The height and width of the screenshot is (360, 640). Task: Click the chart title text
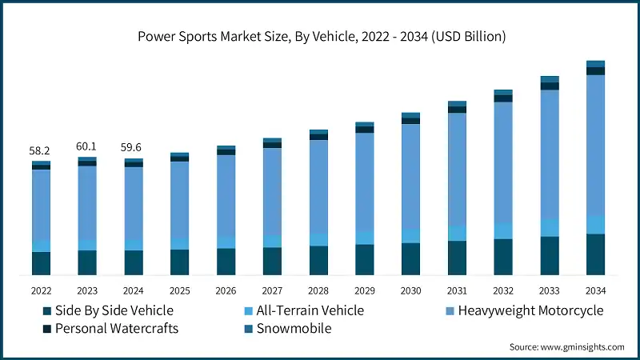[319, 36]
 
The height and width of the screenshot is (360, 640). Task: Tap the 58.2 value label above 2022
[41, 150]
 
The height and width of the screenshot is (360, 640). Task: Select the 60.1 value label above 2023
[87, 146]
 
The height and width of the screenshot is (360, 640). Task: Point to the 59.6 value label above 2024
[134, 148]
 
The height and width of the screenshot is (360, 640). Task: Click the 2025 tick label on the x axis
[179, 290]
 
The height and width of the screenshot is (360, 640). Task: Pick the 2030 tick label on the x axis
[410, 290]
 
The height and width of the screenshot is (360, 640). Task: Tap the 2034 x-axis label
[595, 290]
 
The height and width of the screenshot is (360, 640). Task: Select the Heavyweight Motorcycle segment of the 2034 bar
[595, 144]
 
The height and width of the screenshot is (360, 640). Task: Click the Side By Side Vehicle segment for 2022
[41, 263]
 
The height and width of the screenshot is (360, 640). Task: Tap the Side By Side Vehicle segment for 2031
[457, 258]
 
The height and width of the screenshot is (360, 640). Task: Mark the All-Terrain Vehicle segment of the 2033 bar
[549, 228]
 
